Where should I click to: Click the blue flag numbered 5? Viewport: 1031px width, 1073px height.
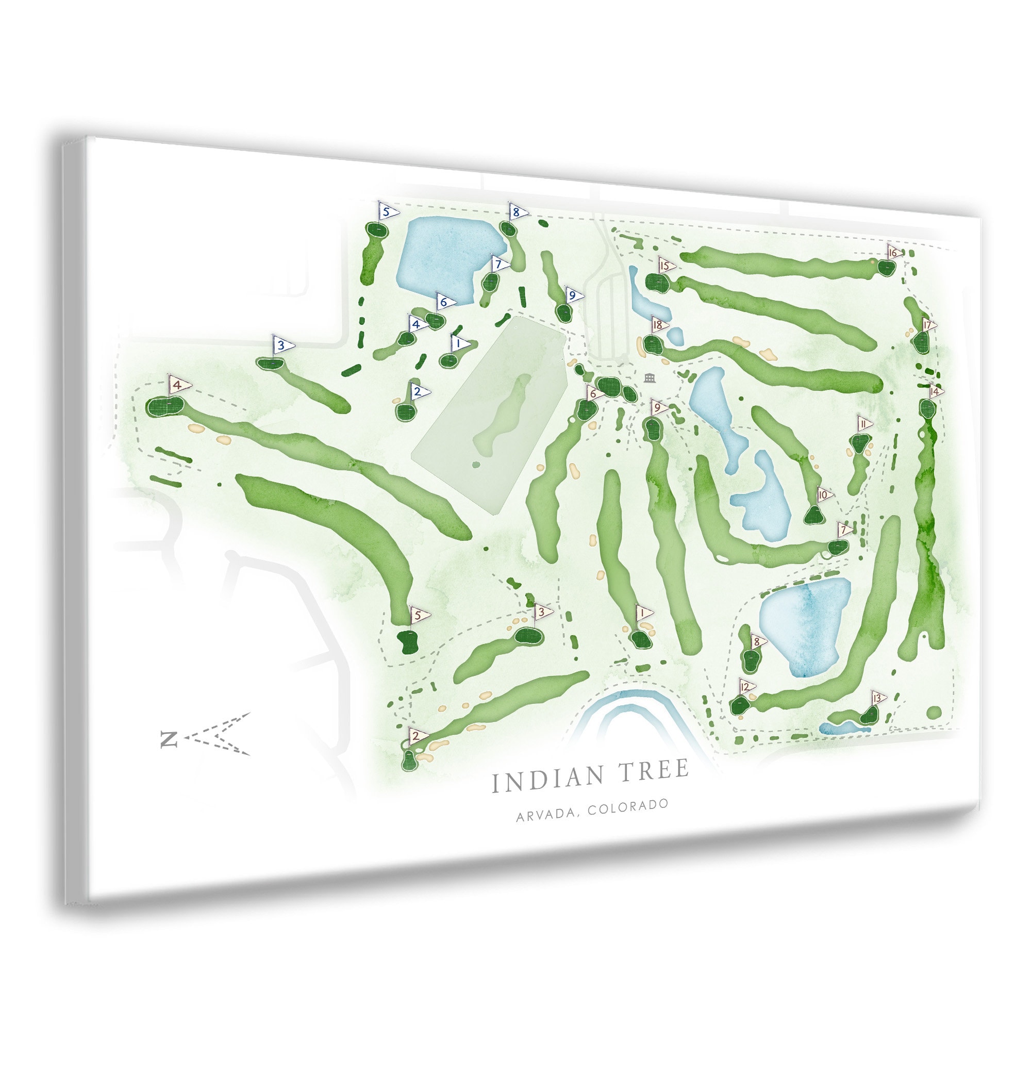coord(388,211)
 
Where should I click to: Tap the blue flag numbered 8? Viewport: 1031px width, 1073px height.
coord(517,212)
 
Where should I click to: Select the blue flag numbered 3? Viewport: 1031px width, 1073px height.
coord(282,345)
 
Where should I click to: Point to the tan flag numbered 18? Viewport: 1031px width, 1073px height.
coord(659,325)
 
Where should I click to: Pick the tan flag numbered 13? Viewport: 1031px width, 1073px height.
coord(878,698)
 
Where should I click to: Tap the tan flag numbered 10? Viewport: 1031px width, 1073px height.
coord(824,496)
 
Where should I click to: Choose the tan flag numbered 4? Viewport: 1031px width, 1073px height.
coord(178,385)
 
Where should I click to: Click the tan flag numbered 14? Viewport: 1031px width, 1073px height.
coord(935,391)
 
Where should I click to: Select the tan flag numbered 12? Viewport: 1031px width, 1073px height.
coord(745,686)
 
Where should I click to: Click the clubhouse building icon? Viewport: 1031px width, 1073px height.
coord(650,377)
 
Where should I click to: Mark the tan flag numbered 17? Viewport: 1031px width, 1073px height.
coord(928,326)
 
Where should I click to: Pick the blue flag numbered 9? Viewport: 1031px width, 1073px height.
coord(574,296)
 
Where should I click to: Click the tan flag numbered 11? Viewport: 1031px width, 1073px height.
coord(863,424)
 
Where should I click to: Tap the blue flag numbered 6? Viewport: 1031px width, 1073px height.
coord(445,302)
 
